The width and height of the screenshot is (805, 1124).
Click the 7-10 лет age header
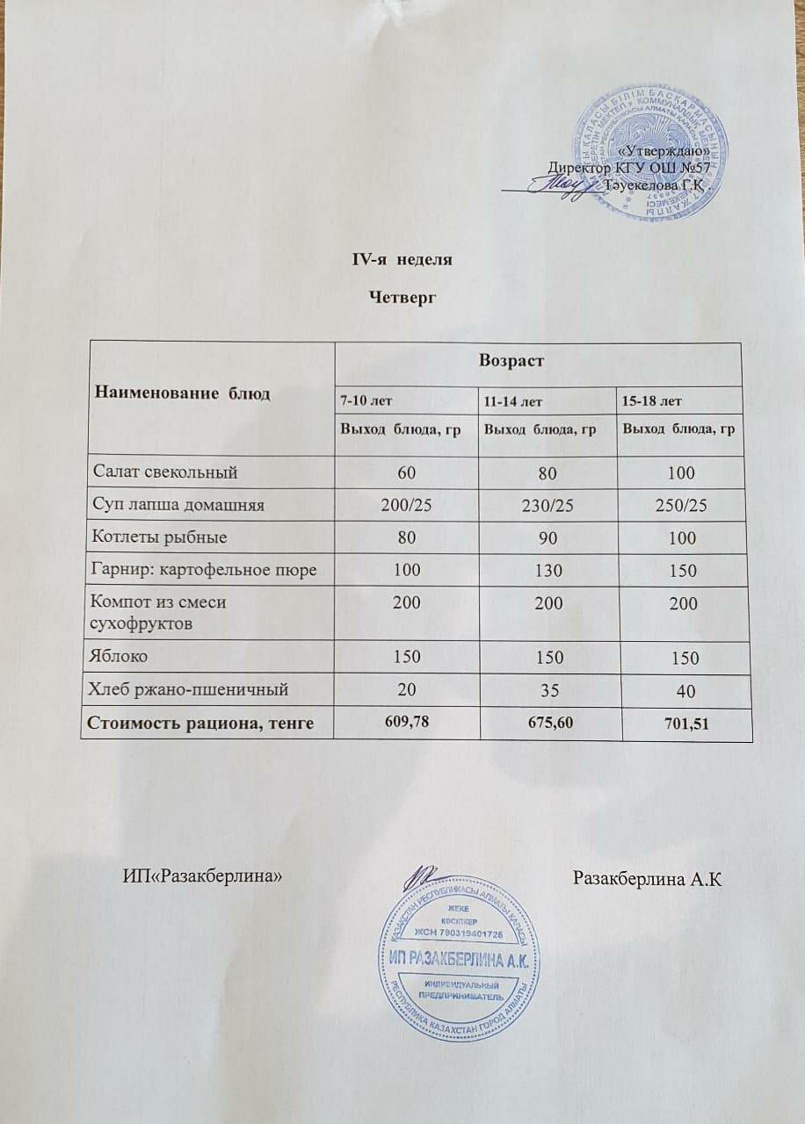(366, 401)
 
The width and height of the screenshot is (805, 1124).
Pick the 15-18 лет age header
(652, 401)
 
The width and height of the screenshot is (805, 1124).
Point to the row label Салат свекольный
(166, 472)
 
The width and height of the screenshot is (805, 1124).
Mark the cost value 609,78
(410, 722)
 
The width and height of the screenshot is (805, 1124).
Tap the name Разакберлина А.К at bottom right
(647, 877)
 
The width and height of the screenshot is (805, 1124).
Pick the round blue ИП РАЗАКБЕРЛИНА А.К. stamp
(457, 963)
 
